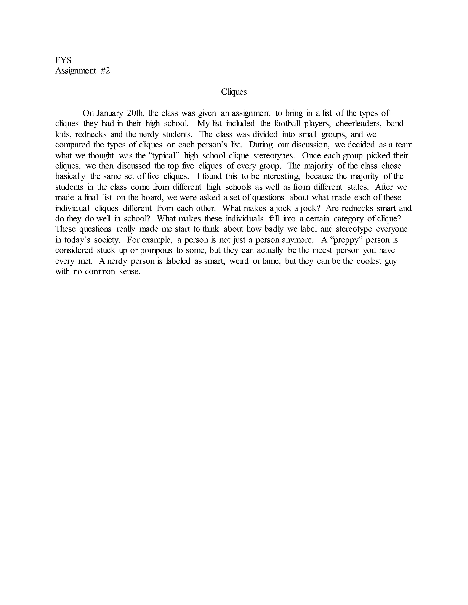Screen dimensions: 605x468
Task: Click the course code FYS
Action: click(63, 60)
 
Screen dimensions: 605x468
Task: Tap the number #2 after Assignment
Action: click(105, 71)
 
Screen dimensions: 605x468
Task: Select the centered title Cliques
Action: click(234, 92)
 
